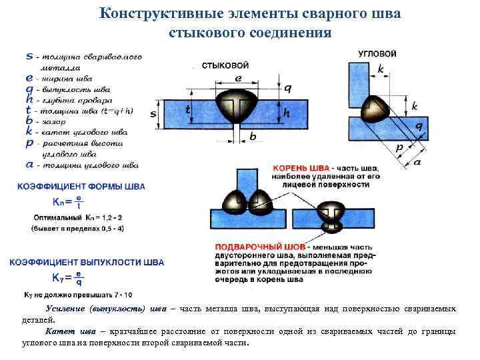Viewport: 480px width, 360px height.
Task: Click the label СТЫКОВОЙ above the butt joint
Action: click(x=225, y=65)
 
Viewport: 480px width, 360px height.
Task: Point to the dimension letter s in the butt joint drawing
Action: click(x=153, y=114)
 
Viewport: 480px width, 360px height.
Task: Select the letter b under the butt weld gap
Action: click(x=252, y=137)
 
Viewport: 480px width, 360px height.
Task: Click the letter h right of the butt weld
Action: click(x=287, y=114)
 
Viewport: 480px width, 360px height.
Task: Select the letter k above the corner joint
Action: click(x=380, y=69)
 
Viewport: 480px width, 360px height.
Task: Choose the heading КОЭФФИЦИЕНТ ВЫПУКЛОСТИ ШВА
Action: click(x=87, y=263)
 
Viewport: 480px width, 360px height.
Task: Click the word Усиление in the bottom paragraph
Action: click(x=67, y=309)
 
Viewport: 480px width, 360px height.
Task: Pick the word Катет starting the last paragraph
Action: click(x=59, y=331)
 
